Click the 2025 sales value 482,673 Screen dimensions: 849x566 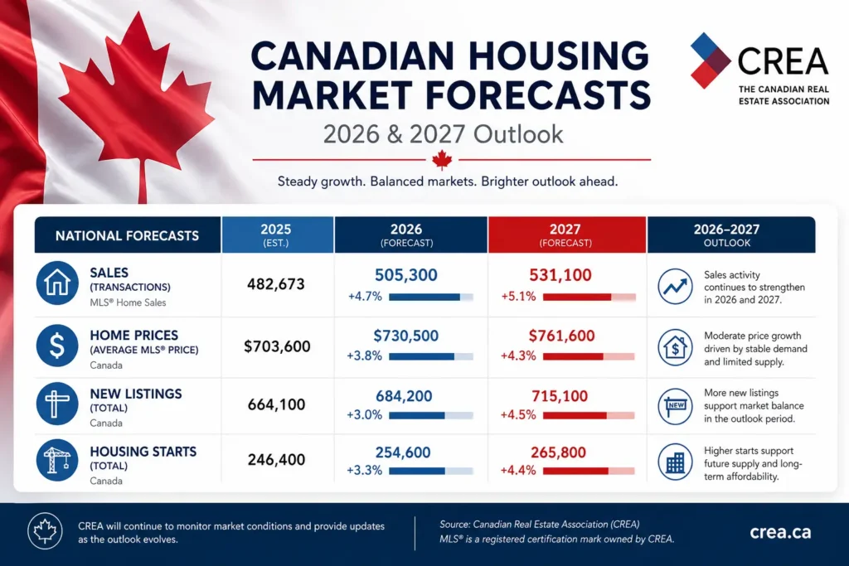[276, 284]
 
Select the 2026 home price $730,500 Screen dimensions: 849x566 [405, 336]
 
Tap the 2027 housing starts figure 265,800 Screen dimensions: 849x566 [558, 452]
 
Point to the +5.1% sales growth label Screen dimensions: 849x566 [518, 297]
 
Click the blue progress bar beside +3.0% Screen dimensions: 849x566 [431, 415]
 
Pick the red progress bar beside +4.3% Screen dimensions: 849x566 [589, 356]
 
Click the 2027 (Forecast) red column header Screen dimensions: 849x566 [567, 235]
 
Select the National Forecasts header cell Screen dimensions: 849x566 [128, 235]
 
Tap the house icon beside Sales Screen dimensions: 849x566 [57, 283]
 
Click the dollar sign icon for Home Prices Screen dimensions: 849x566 [57, 346]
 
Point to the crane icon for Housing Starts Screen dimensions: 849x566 [57, 460]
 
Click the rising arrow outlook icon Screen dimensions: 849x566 [675, 286]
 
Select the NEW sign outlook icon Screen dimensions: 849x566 [675, 406]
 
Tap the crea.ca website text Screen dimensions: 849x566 [780, 533]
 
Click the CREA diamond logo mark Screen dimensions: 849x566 [711, 60]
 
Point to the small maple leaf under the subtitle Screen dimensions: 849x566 [443, 160]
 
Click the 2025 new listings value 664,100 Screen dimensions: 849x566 [276, 404]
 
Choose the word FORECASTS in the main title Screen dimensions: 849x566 [537, 95]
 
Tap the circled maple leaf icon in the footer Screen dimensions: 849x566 [45, 531]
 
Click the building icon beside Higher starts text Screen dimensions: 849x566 [675, 462]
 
